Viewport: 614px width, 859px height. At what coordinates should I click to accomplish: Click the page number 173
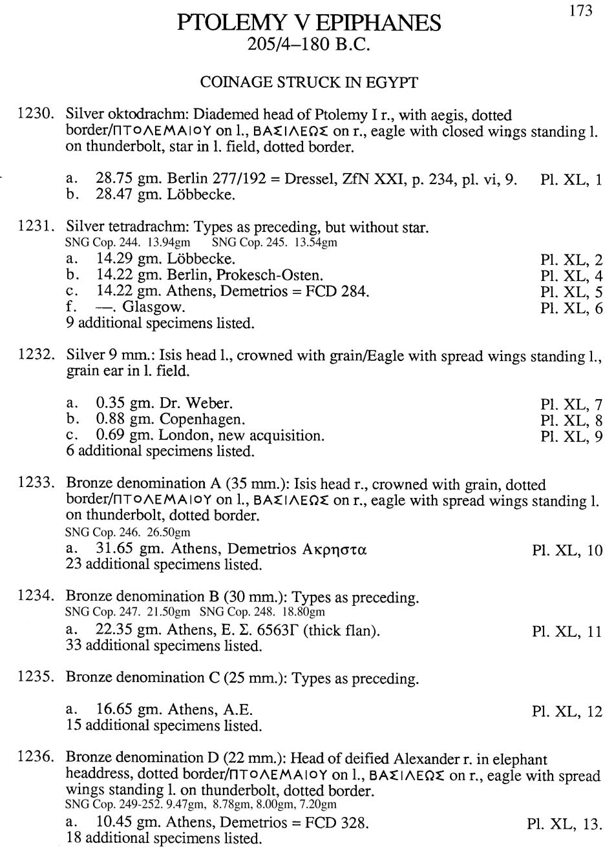tap(580, 11)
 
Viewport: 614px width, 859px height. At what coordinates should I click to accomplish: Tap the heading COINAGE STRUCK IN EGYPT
tap(308, 83)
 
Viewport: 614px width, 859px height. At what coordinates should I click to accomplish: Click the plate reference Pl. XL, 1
tap(571, 180)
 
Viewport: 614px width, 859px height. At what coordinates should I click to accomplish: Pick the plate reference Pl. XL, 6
tap(571, 309)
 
